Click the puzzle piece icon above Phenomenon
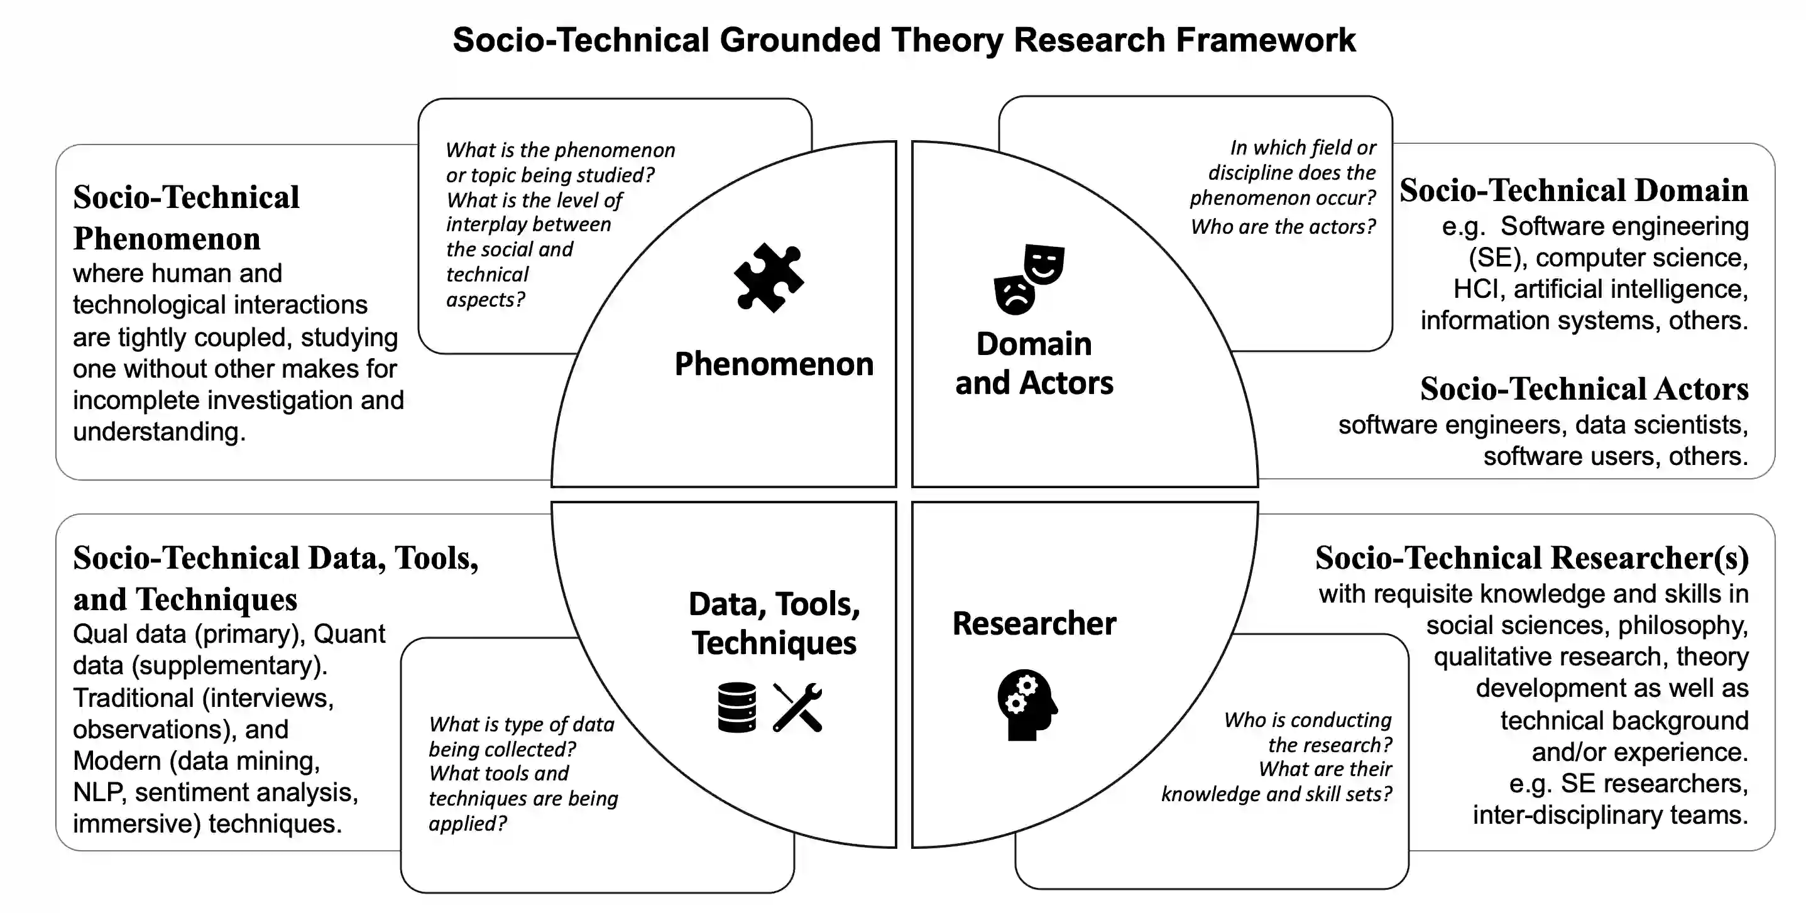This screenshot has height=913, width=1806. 769,278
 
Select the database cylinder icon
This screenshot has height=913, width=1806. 737,707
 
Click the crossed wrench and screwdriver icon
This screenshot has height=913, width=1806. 797,707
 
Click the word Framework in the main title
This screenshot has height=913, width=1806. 1266,40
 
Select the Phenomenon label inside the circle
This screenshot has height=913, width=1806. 774,364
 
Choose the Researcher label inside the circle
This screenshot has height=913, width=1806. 1034,623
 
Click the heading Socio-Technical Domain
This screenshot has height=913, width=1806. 1574,191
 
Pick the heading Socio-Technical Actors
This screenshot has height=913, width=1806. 1584,389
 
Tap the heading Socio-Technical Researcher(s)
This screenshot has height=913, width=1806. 1532,558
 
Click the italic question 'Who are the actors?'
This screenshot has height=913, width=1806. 1283,226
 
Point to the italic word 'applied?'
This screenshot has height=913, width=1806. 468,823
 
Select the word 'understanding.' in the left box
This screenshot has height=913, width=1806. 159,432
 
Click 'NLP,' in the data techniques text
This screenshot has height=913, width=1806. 99,792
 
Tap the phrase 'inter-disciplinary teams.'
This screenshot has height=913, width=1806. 1611,815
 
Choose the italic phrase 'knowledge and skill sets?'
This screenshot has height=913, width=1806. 1277,794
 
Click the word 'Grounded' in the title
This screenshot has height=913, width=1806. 800,40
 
